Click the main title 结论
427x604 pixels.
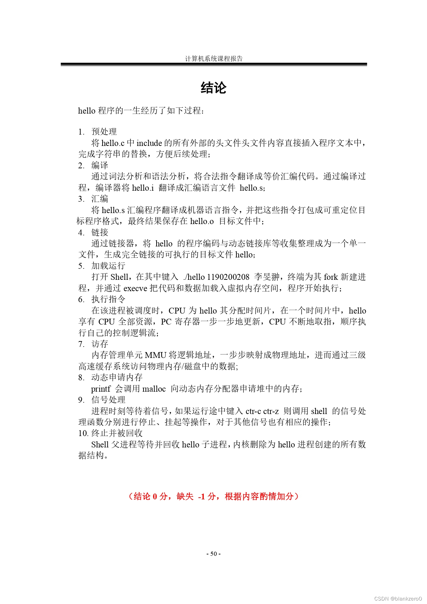(x=213, y=88)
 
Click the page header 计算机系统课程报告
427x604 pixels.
(x=214, y=59)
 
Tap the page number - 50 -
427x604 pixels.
(x=213, y=554)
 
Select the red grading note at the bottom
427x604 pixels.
(x=213, y=496)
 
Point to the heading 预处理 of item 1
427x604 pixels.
(x=104, y=131)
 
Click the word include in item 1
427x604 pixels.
(x=149, y=143)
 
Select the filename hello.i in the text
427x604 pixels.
(x=143, y=188)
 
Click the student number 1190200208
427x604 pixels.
(x=228, y=277)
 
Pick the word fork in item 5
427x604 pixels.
(x=331, y=277)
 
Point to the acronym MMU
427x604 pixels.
(x=156, y=355)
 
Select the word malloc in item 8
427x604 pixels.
(x=154, y=389)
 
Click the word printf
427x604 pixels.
(x=100, y=389)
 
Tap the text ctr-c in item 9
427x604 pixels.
(x=253, y=411)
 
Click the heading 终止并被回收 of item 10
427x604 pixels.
(x=117, y=433)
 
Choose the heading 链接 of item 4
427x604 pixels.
(x=100, y=232)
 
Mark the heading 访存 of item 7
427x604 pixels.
(x=100, y=344)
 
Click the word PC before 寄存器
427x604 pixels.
(x=166, y=322)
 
